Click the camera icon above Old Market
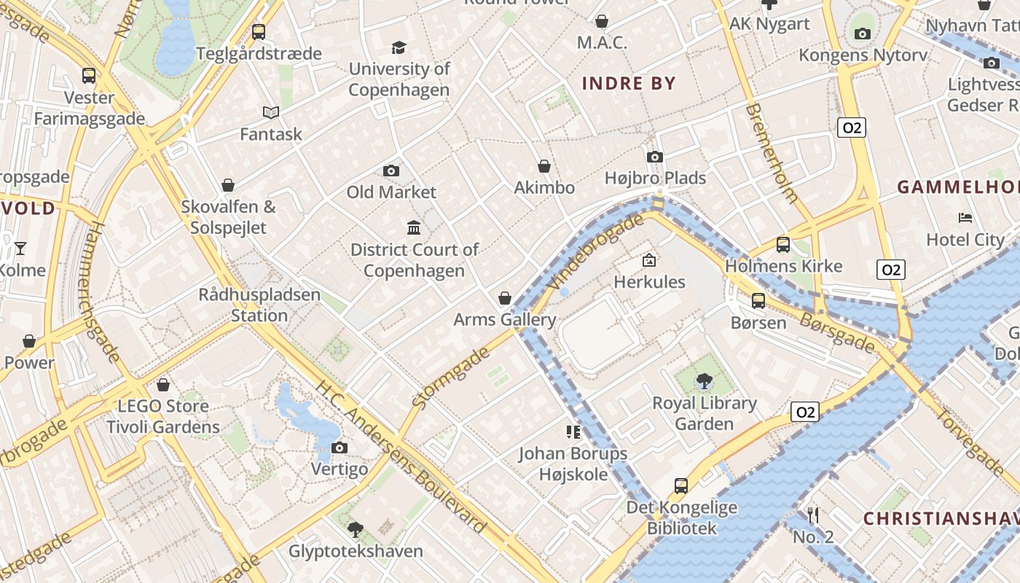coord(391,171)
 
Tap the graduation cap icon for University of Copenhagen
coord(399,47)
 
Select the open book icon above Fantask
coord(271,112)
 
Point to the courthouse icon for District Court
coord(414,227)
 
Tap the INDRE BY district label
coord(629,83)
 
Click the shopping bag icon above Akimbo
coord(544,166)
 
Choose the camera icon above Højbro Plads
coord(655,157)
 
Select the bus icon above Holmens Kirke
coord(783,245)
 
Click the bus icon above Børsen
coord(758,300)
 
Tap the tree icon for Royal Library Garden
coord(704,380)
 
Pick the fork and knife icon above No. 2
coord(813,515)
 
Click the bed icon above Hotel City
coord(965,217)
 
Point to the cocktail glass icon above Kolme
coord(20,249)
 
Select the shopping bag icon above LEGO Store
coord(163,384)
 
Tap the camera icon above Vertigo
coord(340,447)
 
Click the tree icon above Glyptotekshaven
coord(356,529)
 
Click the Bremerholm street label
coord(772,153)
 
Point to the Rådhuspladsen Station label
coord(259,305)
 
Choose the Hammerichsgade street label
coord(102,291)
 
